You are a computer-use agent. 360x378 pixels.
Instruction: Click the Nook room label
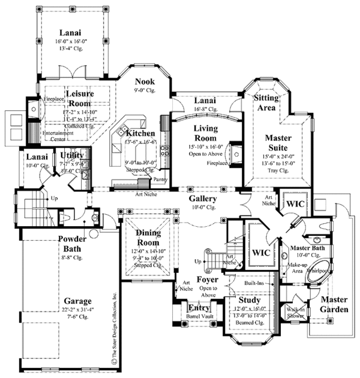coord(145,81)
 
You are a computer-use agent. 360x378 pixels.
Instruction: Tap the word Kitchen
coord(140,133)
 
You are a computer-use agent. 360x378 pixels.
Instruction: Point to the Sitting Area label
coord(265,103)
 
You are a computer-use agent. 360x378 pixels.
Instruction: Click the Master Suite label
coord(278,142)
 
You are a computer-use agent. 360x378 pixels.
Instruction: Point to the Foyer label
coord(206,280)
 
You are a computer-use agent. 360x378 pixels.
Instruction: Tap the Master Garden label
coord(333,304)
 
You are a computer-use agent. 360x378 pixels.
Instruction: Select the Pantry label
coord(160,179)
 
